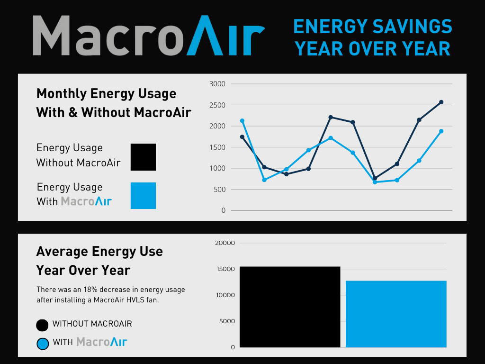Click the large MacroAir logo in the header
pos(149,35)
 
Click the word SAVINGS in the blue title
pos(413,27)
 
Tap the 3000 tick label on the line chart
pos(217,84)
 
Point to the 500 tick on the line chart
pos(219,190)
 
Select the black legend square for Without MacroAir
pos(143,157)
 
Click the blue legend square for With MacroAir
pos(143,196)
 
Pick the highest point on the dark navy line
pos(441,102)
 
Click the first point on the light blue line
pos(242,121)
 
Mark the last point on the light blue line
pos(441,131)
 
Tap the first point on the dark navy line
pos(242,137)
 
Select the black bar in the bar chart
pos(290,307)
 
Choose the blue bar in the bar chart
pos(396,314)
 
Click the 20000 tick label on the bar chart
pos(225,243)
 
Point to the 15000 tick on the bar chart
pos(225,269)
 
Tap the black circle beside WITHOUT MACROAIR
pos(42,325)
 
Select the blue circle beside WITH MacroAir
pos(42,344)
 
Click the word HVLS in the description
pos(135,300)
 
